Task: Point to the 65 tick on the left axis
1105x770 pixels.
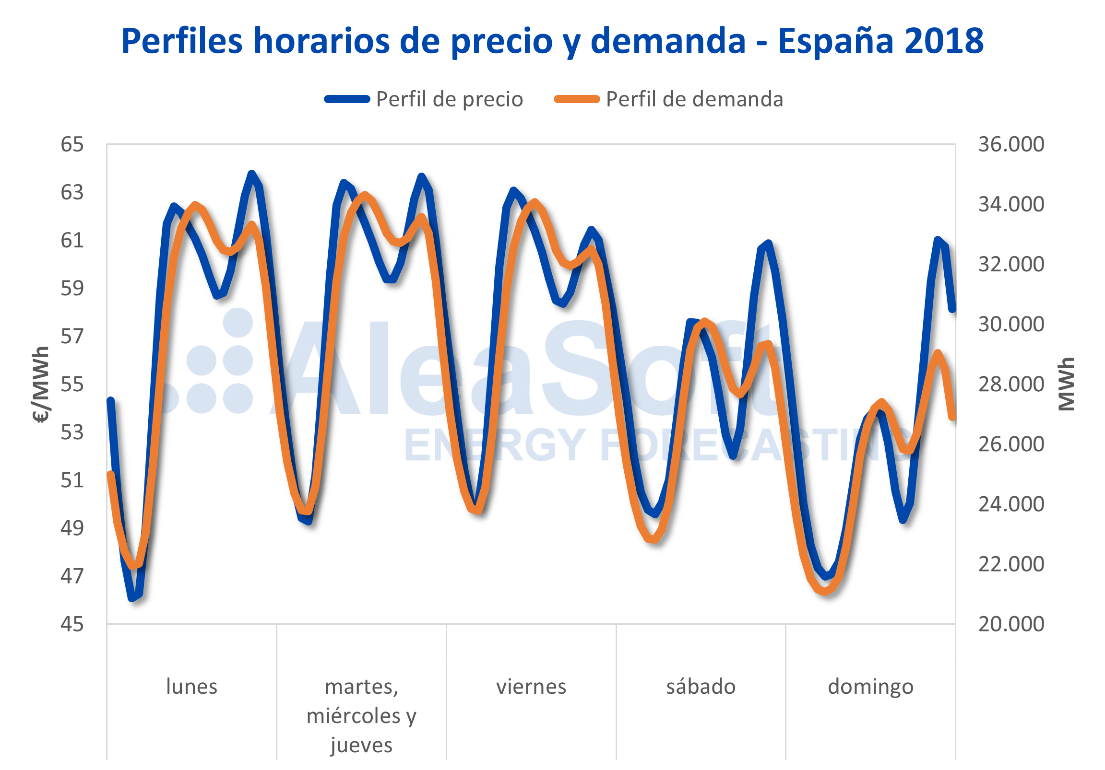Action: click(x=72, y=144)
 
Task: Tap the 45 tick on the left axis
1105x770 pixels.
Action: click(x=72, y=624)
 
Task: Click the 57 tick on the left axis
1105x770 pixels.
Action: click(x=72, y=336)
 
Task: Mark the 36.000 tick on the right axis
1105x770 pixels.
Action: click(x=1011, y=144)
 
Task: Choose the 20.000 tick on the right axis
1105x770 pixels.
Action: click(x=1011, y=624)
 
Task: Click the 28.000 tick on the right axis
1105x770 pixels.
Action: click(x=1011, y=384)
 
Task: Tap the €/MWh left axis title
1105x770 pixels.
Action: click(x=41, y=384)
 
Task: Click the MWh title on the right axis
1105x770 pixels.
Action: click(x=1067, y=384)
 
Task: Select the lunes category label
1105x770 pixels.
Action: click(x=191, y=687)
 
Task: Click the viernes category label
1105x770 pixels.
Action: click(x=531, y=687)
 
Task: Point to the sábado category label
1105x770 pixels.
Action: click(x=701, y=687)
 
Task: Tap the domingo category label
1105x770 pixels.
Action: click(x=871, y=687)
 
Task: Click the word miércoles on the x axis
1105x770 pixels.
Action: click(x=353, y=716)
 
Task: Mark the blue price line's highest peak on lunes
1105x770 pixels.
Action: click(x=252, y=174)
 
